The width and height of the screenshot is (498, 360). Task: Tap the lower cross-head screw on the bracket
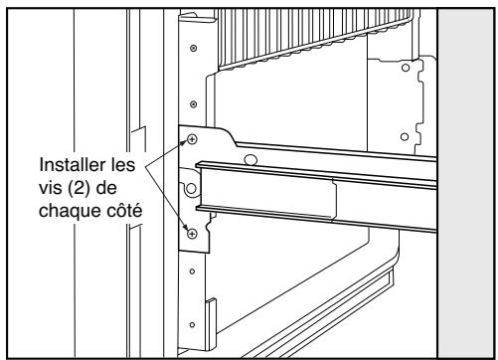(192, 235)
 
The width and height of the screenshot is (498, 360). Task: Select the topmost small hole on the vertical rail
(192, 47)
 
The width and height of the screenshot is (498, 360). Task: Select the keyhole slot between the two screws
(189, 186)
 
